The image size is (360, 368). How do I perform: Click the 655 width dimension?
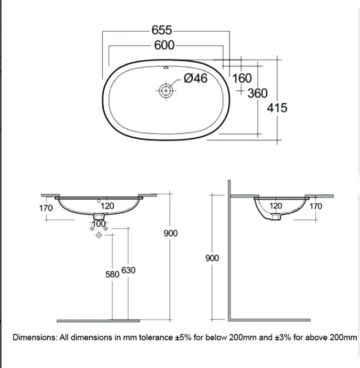(x=162, y=30)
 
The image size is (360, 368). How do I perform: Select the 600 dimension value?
(x=165, y=45)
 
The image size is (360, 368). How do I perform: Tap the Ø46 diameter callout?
(x=195, y=78)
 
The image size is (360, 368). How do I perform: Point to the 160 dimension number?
(x=242, y=78)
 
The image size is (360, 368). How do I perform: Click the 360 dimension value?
(x=258, y=93)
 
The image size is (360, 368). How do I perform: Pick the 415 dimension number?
(x=277, y=108)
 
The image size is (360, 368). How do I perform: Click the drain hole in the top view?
(x=166, y=91)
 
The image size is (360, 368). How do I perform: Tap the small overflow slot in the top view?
(x=166, y=68)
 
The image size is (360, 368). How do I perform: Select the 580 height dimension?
(x=112, y=275)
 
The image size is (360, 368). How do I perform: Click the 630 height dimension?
(x=128, y=270)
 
